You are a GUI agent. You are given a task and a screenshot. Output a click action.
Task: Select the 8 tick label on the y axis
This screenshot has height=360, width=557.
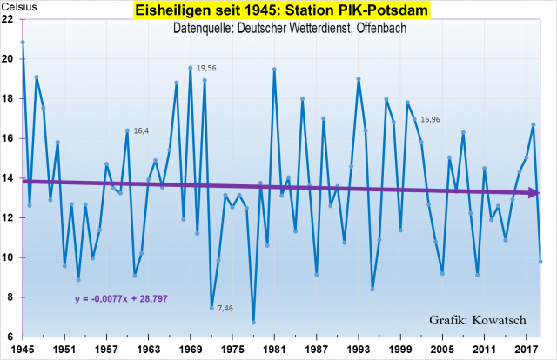[10, 297]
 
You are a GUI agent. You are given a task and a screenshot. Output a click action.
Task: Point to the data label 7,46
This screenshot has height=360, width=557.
[225, 309]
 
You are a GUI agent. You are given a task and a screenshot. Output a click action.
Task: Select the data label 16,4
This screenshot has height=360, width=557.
[141, 131]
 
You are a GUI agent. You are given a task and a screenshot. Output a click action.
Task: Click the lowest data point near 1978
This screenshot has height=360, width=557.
[253, 322]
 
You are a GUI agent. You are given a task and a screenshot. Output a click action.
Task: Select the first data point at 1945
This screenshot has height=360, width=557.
[23, 42]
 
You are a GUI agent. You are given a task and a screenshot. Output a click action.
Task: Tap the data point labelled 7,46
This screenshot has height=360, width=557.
[211, 307]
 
